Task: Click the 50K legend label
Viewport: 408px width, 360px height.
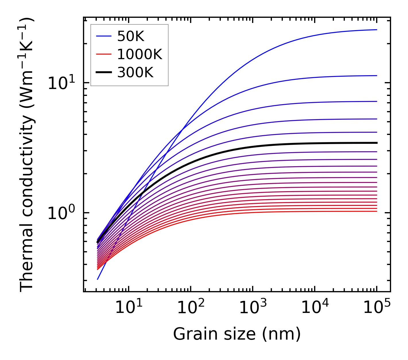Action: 131,36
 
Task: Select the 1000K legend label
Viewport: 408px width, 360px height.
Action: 140,54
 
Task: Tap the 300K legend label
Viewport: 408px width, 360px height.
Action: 135,73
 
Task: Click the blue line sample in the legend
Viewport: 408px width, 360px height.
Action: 103,36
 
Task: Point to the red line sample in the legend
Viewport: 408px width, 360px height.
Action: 103,54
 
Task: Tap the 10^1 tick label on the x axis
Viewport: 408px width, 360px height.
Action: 128,308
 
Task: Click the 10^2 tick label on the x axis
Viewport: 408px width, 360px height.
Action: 190,308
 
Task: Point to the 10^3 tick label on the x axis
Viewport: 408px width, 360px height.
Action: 252,308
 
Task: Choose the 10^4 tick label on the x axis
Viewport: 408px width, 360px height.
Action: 314,308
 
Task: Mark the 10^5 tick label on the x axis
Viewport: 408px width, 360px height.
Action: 376,308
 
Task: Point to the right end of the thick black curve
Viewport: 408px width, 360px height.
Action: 376,143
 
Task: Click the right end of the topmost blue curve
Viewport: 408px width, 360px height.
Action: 376,30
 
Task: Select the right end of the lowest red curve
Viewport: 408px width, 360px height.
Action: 376,211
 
